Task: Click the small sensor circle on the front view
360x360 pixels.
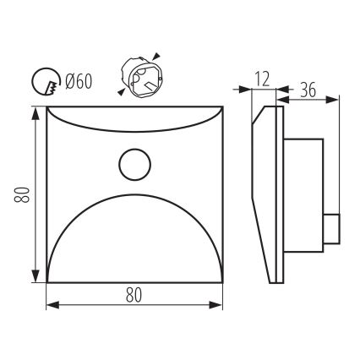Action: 134,165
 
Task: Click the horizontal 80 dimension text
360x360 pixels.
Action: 133,296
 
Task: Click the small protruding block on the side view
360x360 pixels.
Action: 332,228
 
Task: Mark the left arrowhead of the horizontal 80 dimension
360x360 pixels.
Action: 50,305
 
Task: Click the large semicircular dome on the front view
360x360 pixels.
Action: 134,245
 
